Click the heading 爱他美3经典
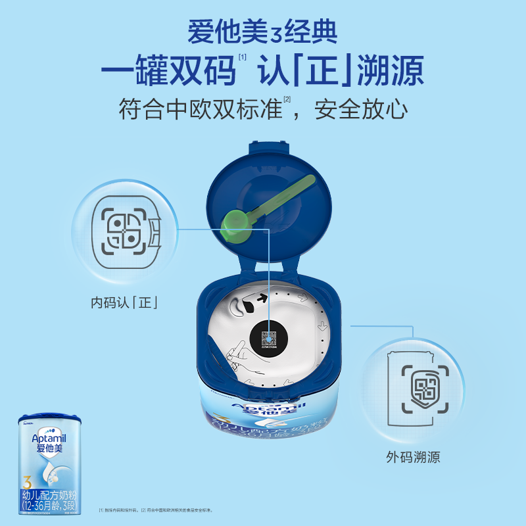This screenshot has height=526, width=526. pos(262,32)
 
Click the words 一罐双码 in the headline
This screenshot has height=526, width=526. pos(168,70)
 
